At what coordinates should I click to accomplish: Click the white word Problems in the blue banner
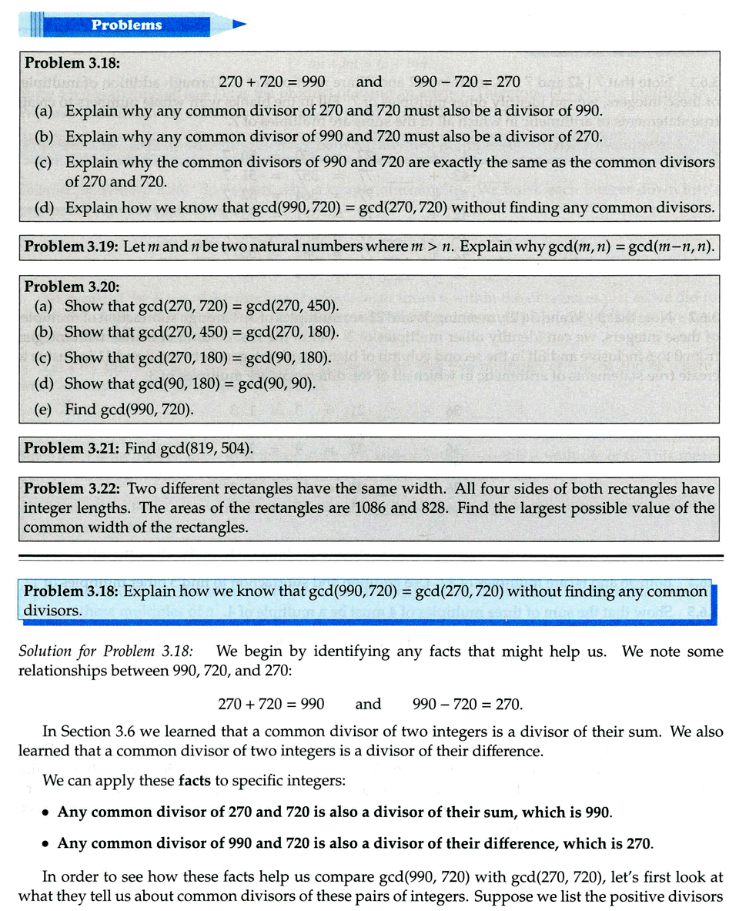click(127, 25)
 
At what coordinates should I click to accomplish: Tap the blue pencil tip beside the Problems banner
click(239, 25)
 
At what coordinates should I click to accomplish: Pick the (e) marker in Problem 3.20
click(45, 410)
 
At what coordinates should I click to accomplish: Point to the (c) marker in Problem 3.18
click(45, 162)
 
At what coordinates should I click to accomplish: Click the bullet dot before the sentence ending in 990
click(46, 812)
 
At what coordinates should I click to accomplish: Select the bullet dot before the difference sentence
click(46, 843)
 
